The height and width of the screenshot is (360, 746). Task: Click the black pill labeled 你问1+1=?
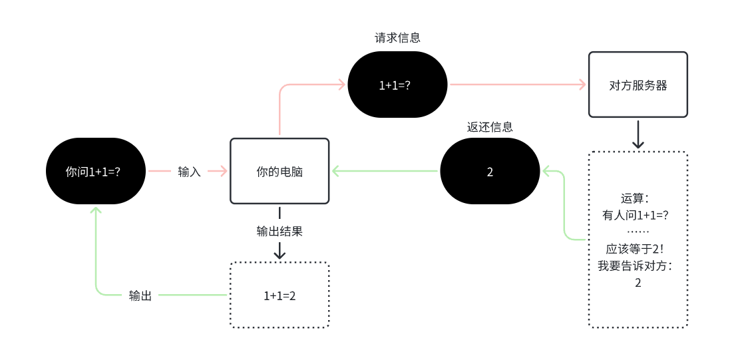pos(95,171)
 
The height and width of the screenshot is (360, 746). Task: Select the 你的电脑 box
pos(280,171)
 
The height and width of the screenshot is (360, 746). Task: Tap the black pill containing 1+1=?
pos(398,85)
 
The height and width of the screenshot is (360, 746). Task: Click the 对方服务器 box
pos(638,85)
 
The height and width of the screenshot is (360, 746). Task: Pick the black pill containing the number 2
pos(490,171)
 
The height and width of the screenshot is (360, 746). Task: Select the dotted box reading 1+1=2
pos(280,295)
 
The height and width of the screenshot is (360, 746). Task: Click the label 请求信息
pos(398,38)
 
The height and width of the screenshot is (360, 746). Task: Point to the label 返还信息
pos(490,127)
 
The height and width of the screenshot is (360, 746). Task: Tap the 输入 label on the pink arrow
pos(189,172)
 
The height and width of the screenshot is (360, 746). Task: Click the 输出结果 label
pos(280,232)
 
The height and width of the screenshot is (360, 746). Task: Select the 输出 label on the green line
pos(140,295)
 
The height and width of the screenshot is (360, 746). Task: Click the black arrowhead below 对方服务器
pos(638,143)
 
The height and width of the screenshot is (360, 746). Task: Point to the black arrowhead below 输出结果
pos(280,254)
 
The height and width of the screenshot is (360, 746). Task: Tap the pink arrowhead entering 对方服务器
pos(582,85)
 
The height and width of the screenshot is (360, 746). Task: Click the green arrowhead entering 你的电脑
pos(336,171)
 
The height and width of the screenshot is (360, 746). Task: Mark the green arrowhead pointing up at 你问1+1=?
pos(96,210)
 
